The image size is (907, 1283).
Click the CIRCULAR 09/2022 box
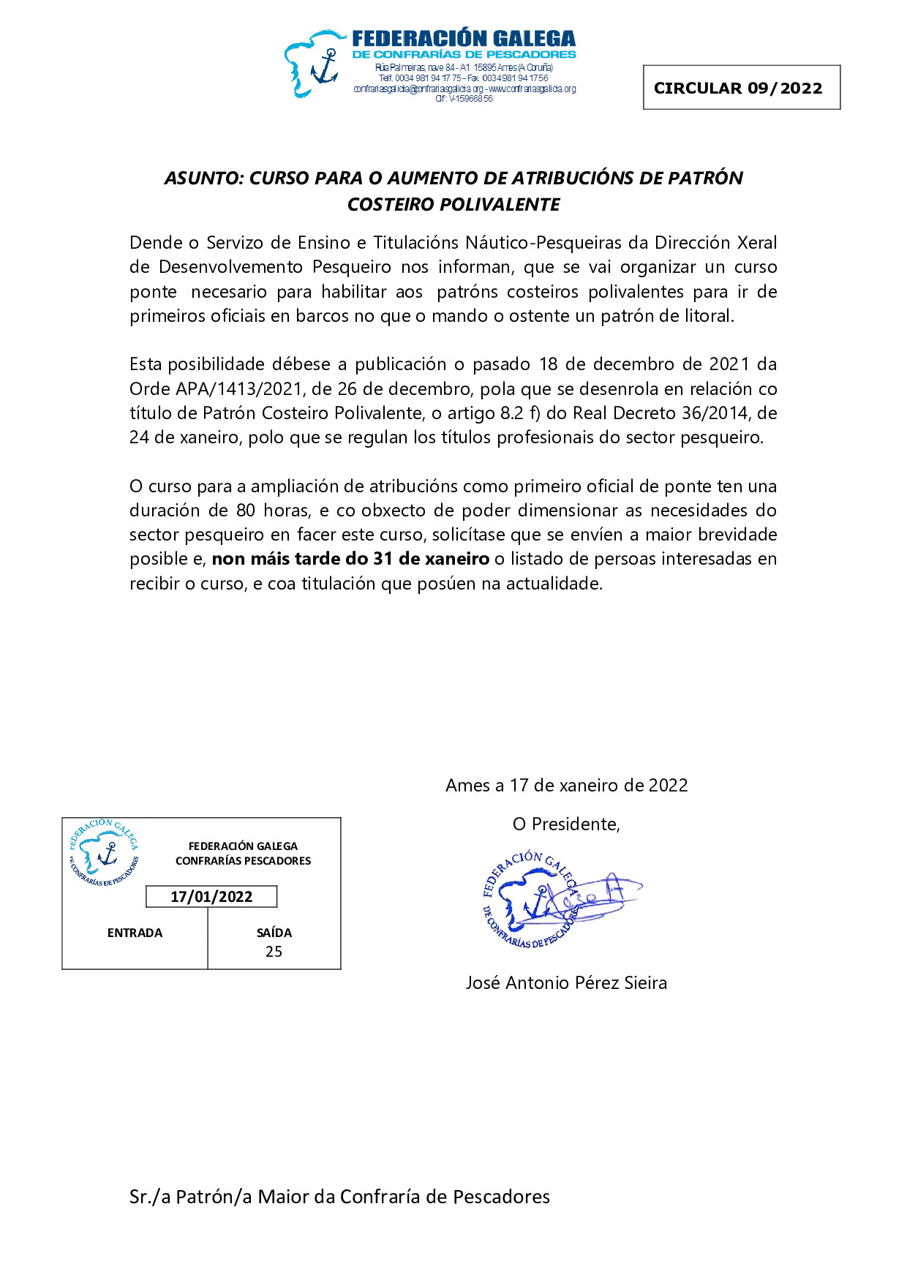tap(741, 88)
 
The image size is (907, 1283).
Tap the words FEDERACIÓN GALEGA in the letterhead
tap(464, 39)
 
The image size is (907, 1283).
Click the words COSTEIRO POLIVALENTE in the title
tap(453, 205)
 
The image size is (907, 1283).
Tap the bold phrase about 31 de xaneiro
tap(350, 560)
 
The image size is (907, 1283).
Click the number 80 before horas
tap(246, 511)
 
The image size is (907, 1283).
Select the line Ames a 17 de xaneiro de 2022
tap(567, 786)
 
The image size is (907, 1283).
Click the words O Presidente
tap(566, 824)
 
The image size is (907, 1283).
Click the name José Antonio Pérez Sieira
tap(566, 983)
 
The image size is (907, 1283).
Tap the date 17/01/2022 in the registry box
tap(211, 897)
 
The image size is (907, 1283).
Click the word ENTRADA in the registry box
tap(135, 933)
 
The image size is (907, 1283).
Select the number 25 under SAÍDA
tap(274, 952)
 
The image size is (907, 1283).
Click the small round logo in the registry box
tap(105, 853)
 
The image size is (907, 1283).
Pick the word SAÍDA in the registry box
tap(274, 933)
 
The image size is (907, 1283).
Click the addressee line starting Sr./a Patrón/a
tap(339, 1197)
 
